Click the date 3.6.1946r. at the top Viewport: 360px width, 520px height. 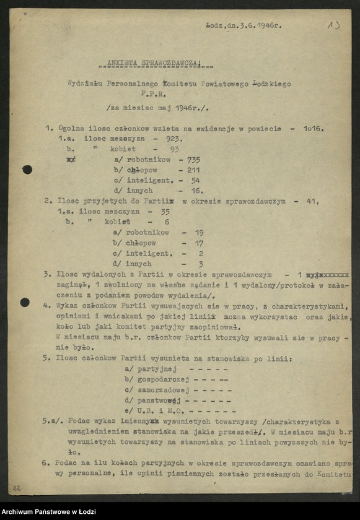click(258, 25)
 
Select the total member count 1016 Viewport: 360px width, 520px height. click(312, 129)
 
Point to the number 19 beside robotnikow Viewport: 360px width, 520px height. click(199, 233)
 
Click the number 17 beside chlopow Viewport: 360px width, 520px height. click(199, 243)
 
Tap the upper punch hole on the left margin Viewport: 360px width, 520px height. click(27, 169)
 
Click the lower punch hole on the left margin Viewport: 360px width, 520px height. click(25, 302)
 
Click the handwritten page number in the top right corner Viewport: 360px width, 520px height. click(332, 25)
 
